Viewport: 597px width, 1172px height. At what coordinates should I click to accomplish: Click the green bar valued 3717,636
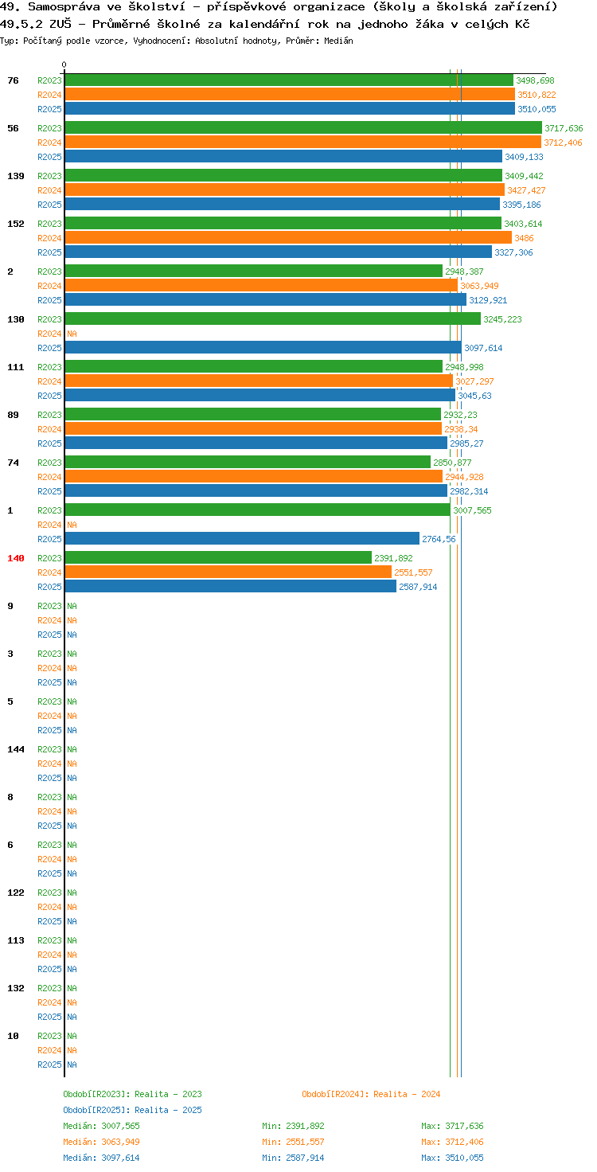click(x=303, y=127)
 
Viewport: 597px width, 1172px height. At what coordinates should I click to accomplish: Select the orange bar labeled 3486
click(x=288, y=237)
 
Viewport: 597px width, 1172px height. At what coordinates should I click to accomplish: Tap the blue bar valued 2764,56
click(x=242, y=538)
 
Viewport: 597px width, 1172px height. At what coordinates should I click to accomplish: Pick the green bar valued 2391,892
click(x=218, y=558)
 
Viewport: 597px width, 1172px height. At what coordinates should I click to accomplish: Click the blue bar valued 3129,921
click(x=265, y=300)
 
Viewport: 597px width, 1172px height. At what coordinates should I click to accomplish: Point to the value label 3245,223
click(x=502, y=319)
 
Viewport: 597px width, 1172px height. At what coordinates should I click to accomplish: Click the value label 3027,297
click(x=474, y=381)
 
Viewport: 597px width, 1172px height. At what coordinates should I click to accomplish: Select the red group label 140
click(x=16, y=558)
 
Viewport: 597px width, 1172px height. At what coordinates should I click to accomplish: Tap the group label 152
click(x=16, y=224)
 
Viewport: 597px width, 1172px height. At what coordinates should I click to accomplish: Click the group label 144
click(x=16, y=749)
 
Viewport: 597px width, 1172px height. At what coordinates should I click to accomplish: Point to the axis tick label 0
click(x=64, y=64)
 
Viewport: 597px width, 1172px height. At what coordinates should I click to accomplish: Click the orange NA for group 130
click(x=72, y=334)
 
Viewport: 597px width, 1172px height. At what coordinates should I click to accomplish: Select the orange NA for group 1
click(x=72, y=525)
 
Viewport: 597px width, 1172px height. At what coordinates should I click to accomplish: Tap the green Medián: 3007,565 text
click(x=102, y=1126)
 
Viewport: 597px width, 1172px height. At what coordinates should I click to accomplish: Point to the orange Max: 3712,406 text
click(x=453, y=1142)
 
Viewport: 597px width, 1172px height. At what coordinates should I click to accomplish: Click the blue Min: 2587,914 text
click(x=293, y=1158)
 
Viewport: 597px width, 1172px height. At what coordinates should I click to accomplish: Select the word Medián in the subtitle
click(x=338, y=41)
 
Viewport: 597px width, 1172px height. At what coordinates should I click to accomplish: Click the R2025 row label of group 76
click(x=49, y=109)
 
